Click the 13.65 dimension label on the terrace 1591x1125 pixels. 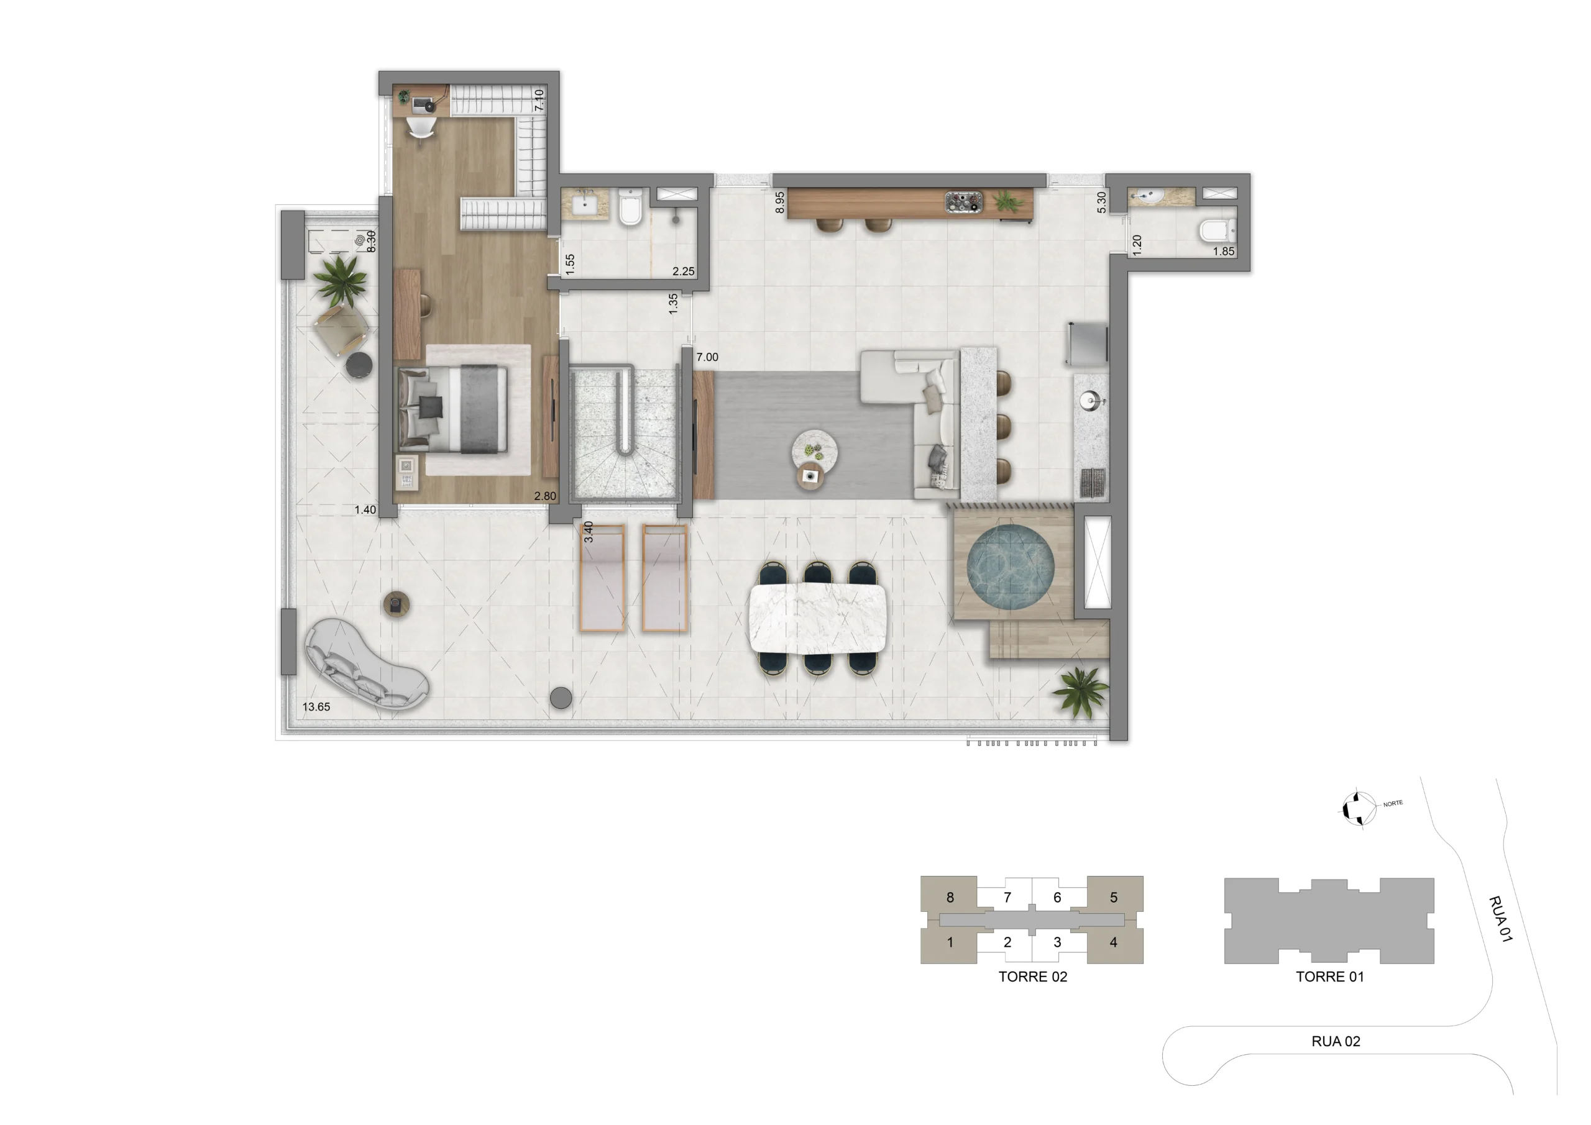point(316,706)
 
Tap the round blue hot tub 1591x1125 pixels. point(1011,568)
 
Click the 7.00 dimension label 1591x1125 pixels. point(707,357)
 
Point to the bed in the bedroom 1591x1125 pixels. point(453,409)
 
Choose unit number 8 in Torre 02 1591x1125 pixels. point(950,897)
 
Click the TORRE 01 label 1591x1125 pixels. point(1330,977)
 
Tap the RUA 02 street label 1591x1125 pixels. point(1336,1041)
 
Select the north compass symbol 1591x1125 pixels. point(1358,808)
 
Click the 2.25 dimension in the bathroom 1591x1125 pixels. point(683,271)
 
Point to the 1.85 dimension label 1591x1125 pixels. point(1224,252)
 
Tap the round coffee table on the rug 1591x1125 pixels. point(815,452)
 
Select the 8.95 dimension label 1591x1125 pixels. point(779,203)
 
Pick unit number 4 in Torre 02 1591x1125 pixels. point(1114,942)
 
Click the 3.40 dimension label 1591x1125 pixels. point(589,531)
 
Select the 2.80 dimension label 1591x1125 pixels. point(544,496)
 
